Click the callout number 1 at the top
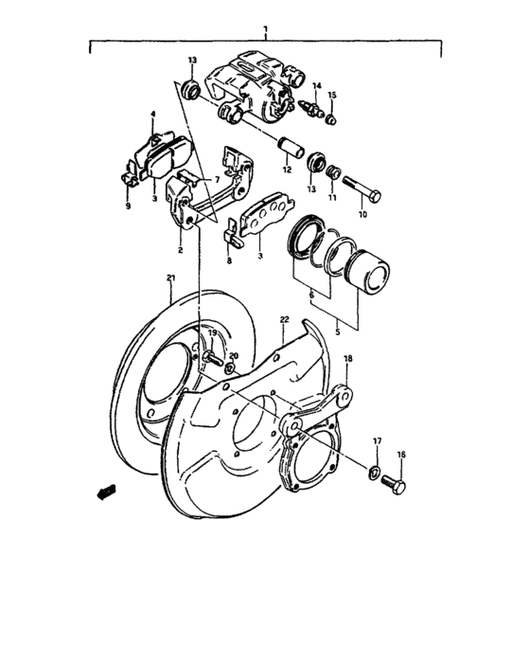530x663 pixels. pyautogui.click(x=266, y=30)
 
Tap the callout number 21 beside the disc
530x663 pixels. pyautogui.click(x=170, y=278)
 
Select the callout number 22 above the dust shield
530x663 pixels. pyautogui.click(x=284, y=321)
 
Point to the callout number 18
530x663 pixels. pyautogui.click(x=347, y=359)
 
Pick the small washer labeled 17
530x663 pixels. pyautogui.click(x=375, y=471)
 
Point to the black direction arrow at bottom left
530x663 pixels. pyautogui.click(x=105, y=490)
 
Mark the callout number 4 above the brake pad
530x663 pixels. pyautogui.click(x=151, y=115)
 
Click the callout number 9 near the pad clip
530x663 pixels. pyautogui.click(x=129, y=206)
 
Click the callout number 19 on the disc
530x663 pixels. pyautogui.click(x=212, y=333)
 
